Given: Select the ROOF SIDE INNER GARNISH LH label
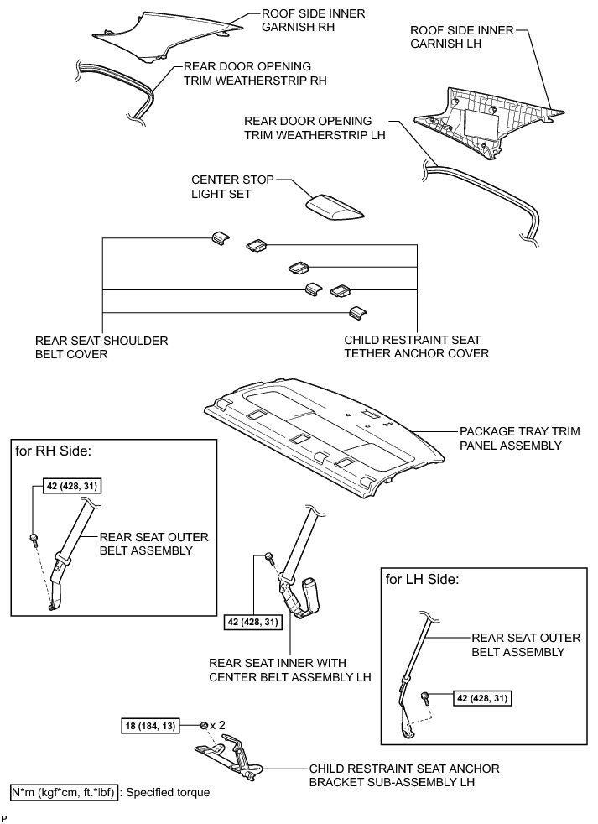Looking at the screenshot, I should [x=459, y=39].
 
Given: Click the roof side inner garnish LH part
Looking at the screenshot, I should [x=486, y=117].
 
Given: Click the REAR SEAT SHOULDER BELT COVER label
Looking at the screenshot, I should [x=101, y=347].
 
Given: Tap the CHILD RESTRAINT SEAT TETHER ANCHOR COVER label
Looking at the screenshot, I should [x=417, y=347].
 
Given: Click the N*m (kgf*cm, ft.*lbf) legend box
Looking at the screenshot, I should [x=64, y=792].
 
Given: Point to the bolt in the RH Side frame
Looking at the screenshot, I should [x=34, y=539].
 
